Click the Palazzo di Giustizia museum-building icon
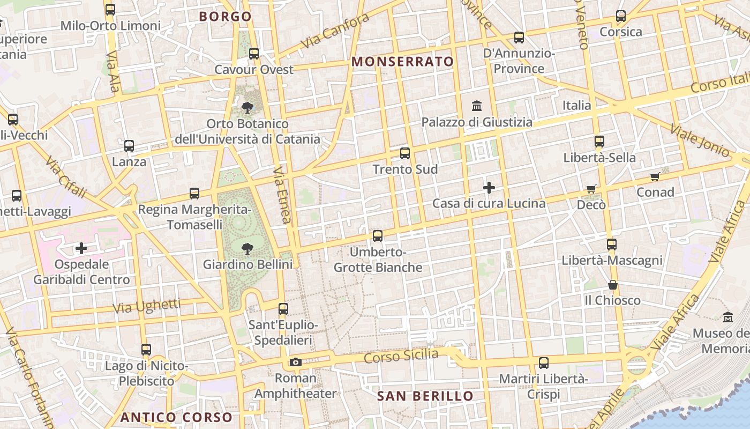477,106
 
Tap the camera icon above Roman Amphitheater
295,362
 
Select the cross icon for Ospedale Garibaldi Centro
81,248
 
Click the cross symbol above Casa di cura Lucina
489,188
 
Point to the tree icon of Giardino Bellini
247,248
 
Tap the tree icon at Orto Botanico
247,108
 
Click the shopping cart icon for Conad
655,176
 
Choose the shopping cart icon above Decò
591,189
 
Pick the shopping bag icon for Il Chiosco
613,284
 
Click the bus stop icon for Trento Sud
405,153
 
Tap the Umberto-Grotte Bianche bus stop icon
378,235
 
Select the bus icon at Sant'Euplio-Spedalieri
283,308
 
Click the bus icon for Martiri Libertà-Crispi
544,363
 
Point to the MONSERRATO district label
403,62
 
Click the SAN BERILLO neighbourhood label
425,396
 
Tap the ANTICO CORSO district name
176,417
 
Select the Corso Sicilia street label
401,355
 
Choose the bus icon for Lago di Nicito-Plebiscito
146,350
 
